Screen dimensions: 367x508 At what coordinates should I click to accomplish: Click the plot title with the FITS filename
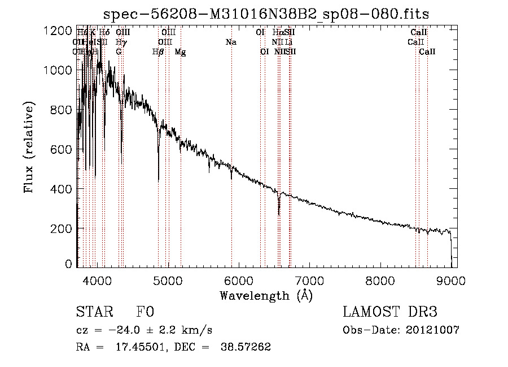pos(267,14)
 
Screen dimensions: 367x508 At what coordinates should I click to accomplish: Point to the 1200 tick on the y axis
pos(58,31)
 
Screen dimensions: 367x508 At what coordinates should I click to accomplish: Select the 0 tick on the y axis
pos(68,264)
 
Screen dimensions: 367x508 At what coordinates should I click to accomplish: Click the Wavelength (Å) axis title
pos(266,295)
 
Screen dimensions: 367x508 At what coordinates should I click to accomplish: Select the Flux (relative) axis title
pos(29,147)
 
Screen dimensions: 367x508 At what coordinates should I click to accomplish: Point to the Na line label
pos(231,42)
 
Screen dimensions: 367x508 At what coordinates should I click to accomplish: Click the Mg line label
pos(180,52)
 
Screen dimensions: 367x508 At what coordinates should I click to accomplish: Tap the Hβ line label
pos(158,52)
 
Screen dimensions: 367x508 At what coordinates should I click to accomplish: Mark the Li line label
pos(288,42)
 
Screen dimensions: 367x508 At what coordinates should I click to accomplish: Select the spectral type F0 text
pos(145,313)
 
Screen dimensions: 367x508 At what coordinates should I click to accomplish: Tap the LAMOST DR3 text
pos(389,313)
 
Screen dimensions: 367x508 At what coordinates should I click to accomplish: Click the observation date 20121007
pos(432,330)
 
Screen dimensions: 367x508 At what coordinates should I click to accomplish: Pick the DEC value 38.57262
pos(246,347)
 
